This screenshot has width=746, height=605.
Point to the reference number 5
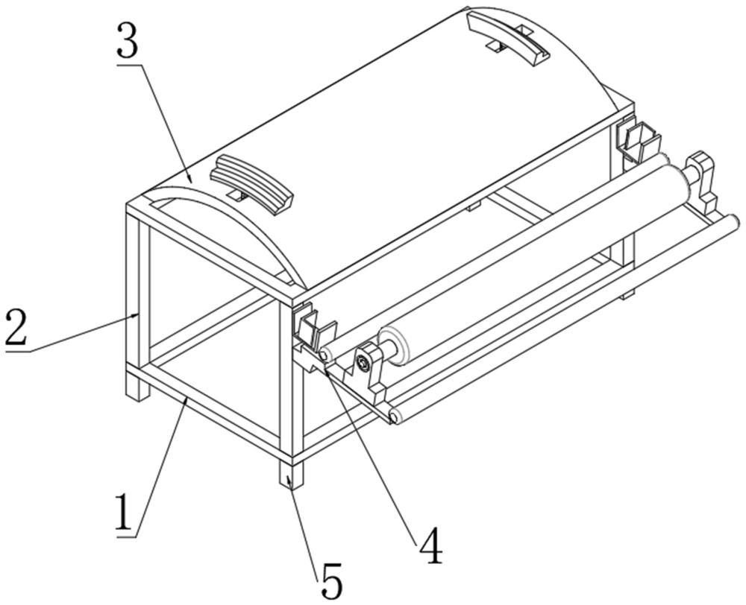[331, 580]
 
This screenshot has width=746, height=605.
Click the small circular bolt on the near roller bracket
[363, 363]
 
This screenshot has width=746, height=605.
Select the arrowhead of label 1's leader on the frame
[184, 401]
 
